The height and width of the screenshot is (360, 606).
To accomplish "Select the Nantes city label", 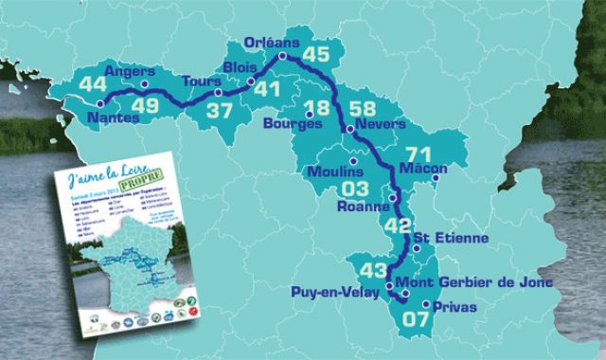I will pyautogui.click(x=113, y=118).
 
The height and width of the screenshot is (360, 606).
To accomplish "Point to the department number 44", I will pyautogui.click(x=67, y=84).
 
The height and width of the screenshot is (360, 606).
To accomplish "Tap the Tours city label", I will pyautogui.click(x=200, y=81).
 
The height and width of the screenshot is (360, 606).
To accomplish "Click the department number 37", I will pyautogui.click(x=220, y=111).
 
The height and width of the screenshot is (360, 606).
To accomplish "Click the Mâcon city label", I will pyautogui.click(x=423, y=168).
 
